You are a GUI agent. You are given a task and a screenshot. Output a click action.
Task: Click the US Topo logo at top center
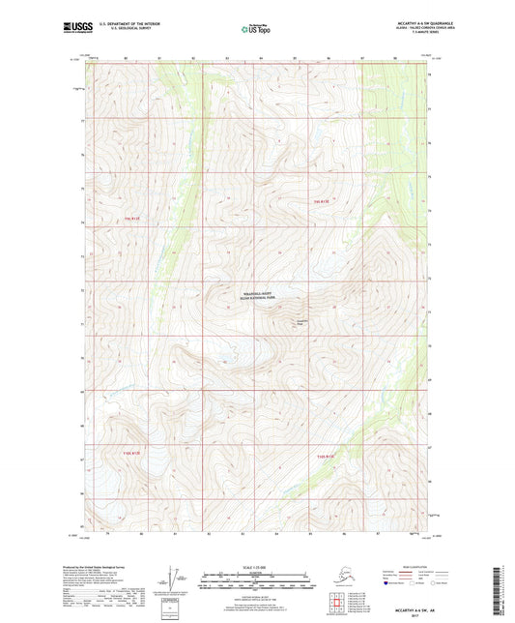tap(255, 30)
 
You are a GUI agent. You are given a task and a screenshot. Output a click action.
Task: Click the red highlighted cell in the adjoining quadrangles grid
tap(341, 602)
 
